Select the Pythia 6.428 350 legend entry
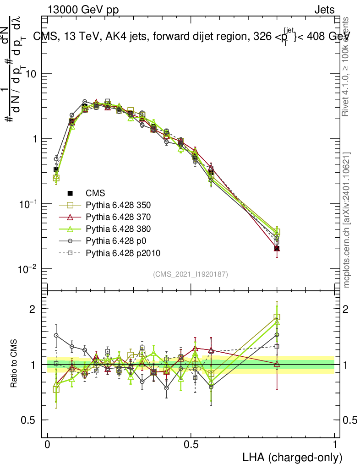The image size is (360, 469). coord(119,205)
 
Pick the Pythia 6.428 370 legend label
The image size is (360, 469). coord(119,217)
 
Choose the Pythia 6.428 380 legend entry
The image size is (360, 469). coord(119,229)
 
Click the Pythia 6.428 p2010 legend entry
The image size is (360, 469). coord(123,253)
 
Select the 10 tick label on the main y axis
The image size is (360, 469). coord(31,74)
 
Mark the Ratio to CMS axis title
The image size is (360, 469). coord(14,364)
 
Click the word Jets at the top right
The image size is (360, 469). coord(324,10)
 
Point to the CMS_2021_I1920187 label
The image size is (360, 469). coord(191,274)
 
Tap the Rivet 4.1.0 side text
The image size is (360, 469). coord(347,66)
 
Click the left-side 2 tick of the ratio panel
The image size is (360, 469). coord(32,309)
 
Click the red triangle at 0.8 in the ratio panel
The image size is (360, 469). coord(277,364)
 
